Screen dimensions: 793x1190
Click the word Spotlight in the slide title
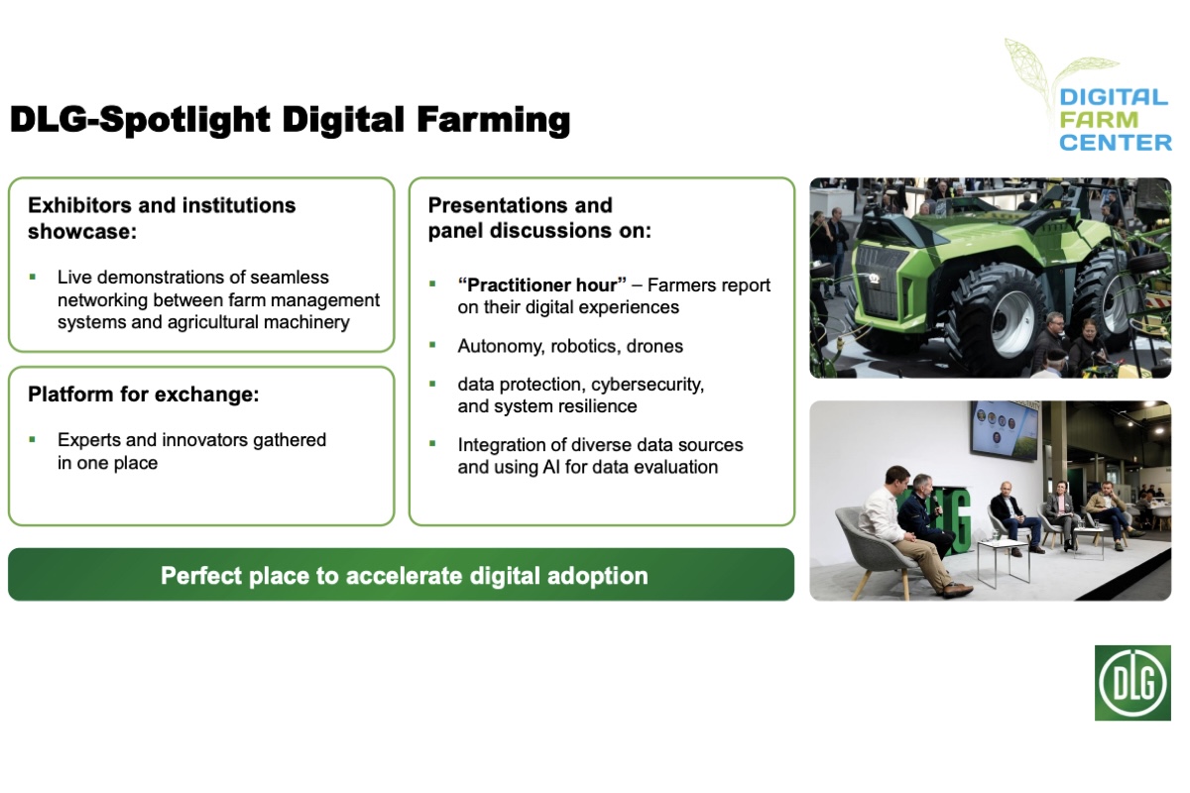click(x=184, y=121)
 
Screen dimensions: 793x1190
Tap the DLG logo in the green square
click(x=1132, y=683)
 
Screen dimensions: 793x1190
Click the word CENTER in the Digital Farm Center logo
click(x=1116, y=143)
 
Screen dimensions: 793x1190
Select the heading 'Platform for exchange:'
click(x=143, y=394)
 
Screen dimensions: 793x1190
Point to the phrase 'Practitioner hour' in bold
click(x=541, y=284)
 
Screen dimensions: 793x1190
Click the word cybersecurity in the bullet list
click(x=644, y=384)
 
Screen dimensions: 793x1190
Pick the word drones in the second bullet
click(x=650, y=346)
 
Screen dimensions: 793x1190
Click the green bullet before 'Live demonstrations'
click(x=33, y=278)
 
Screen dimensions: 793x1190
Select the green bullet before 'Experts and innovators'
click(x=33, y=439)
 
